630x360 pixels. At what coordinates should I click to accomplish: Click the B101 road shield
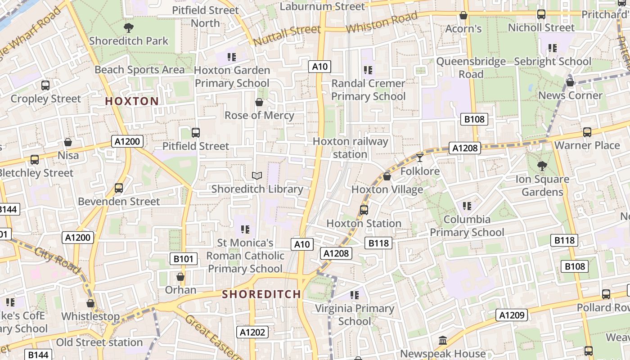[184, 259]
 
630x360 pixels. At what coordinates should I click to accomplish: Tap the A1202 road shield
[252, 333]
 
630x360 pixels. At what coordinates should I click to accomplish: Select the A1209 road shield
[512, 315]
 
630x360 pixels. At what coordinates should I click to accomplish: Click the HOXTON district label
[132, 101]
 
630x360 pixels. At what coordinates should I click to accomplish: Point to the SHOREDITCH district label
[262, 294]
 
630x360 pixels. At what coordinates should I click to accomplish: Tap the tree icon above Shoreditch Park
[129, 28]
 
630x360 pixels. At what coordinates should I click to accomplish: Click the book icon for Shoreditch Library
[257, 176]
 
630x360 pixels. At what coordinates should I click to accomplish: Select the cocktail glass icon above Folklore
[420, 157]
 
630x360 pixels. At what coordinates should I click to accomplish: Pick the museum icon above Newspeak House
[443, 341]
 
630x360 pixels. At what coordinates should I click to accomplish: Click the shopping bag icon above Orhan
[180, 277]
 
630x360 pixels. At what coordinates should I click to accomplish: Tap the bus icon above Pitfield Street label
[196, 133]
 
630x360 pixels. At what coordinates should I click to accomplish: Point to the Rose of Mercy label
[259, 115]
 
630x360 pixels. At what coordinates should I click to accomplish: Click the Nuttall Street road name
[287, 35]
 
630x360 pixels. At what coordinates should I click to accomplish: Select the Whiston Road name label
[382, 23]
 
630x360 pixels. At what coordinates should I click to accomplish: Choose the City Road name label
[57, 261]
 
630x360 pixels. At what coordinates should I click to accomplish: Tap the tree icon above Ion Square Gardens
[542, 166]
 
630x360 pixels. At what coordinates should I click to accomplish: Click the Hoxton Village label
[387, 189]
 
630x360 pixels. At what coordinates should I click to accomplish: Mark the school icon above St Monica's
[245, 229]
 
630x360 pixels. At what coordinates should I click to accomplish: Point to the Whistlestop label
[90, 316]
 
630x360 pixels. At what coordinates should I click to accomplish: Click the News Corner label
[570, 95]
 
